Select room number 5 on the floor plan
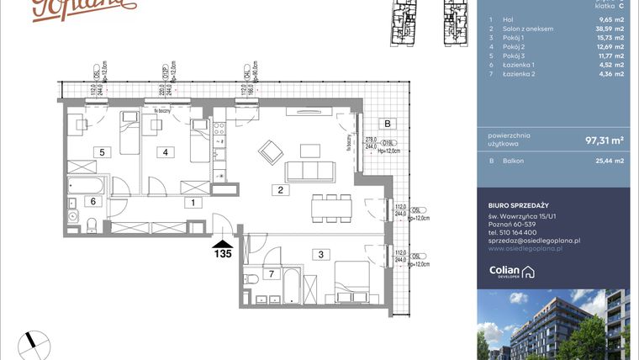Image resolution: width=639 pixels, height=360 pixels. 101,152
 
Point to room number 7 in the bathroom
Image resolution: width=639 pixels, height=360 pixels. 272,274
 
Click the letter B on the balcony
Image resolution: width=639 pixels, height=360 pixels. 387,124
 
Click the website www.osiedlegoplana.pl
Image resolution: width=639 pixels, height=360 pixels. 525,249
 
